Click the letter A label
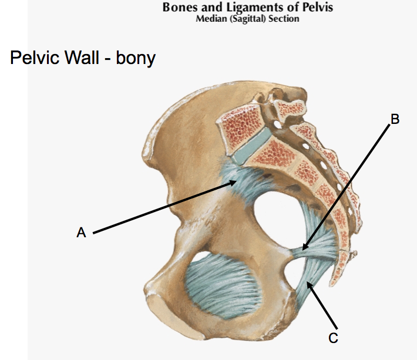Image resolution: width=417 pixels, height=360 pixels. [x=81, y=233]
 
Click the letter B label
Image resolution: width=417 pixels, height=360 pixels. [x=395, y=119]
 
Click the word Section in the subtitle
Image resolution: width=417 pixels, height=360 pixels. [x=286, y=19]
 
